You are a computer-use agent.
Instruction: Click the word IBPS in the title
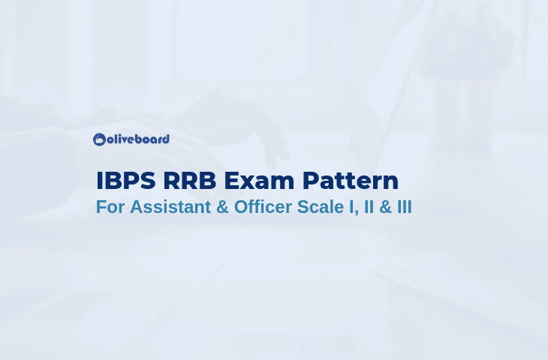click(126, 181)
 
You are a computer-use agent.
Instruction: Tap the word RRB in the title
click(190, 181)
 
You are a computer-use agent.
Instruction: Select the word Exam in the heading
click(259, 181)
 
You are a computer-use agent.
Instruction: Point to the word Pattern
click(350, 181)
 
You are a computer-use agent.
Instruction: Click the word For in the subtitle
click(110, 207)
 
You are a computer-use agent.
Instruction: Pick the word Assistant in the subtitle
click(170, 207)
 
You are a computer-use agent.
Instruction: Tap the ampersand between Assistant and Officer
click(222, 207)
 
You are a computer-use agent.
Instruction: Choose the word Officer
click(263, 207)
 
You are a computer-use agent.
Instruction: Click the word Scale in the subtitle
click(321, 207)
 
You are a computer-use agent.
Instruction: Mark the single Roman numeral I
click(351, 207)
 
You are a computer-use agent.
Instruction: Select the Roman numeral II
click(369, 207)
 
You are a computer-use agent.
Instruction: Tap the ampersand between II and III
click(385, 207)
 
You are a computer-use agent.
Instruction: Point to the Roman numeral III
click(405, 207)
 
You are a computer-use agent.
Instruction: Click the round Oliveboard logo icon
click(100, 139)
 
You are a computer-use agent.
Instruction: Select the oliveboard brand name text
click(138, 139)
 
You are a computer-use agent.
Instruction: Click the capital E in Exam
click(231, 181)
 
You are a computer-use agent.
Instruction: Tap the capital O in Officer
click(242, 207)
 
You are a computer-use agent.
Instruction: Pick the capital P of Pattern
click(310, 181)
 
